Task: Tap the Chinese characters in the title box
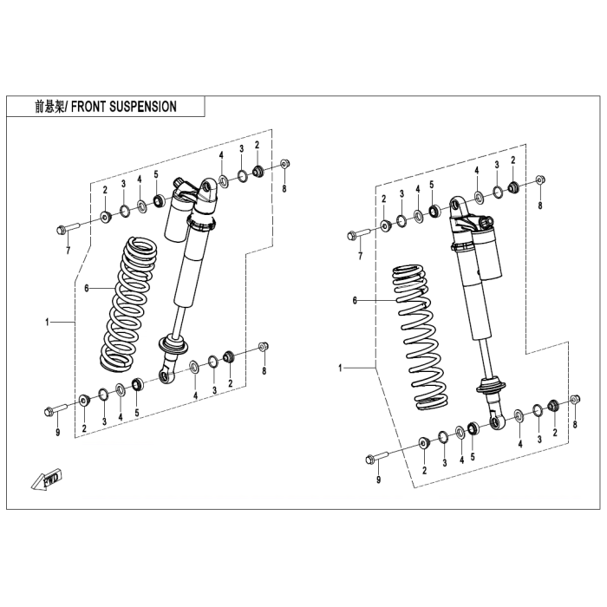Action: tap(49, 107)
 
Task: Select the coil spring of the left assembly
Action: tap(130, 300)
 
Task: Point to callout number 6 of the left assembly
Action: tap(87, 287)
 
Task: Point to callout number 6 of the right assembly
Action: tap(355, 300)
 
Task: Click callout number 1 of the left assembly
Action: tap(47, 323)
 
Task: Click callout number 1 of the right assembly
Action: tap(341, 369)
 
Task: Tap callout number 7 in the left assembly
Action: tap(68, 251)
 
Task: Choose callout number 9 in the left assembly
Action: tap(57, 432)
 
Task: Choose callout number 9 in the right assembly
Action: tap(378, 479)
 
